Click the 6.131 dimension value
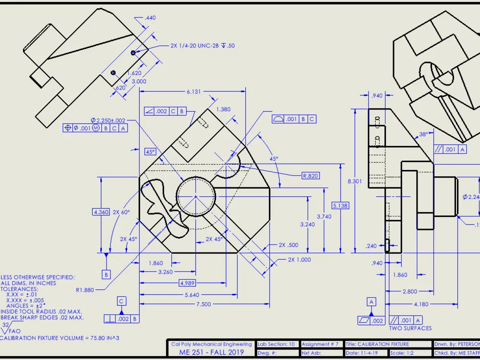coord(193,91)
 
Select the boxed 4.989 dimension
coord(187,283)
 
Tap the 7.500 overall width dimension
coord(204,304)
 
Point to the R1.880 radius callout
coord(84,290)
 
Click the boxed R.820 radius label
coord(310,176)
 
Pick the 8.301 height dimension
coord(355,181)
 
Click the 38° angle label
coord(423,135)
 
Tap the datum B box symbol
coord(106,275)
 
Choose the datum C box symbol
coord(122,301)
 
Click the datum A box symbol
coord(371,301)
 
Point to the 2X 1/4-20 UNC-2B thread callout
coord(203,46)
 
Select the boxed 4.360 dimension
coord(101,212)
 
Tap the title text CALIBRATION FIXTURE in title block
coord(377,344)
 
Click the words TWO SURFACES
coord(410,328)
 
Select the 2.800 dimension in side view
coord(410,291)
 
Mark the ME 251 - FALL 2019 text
coord(211,352)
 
